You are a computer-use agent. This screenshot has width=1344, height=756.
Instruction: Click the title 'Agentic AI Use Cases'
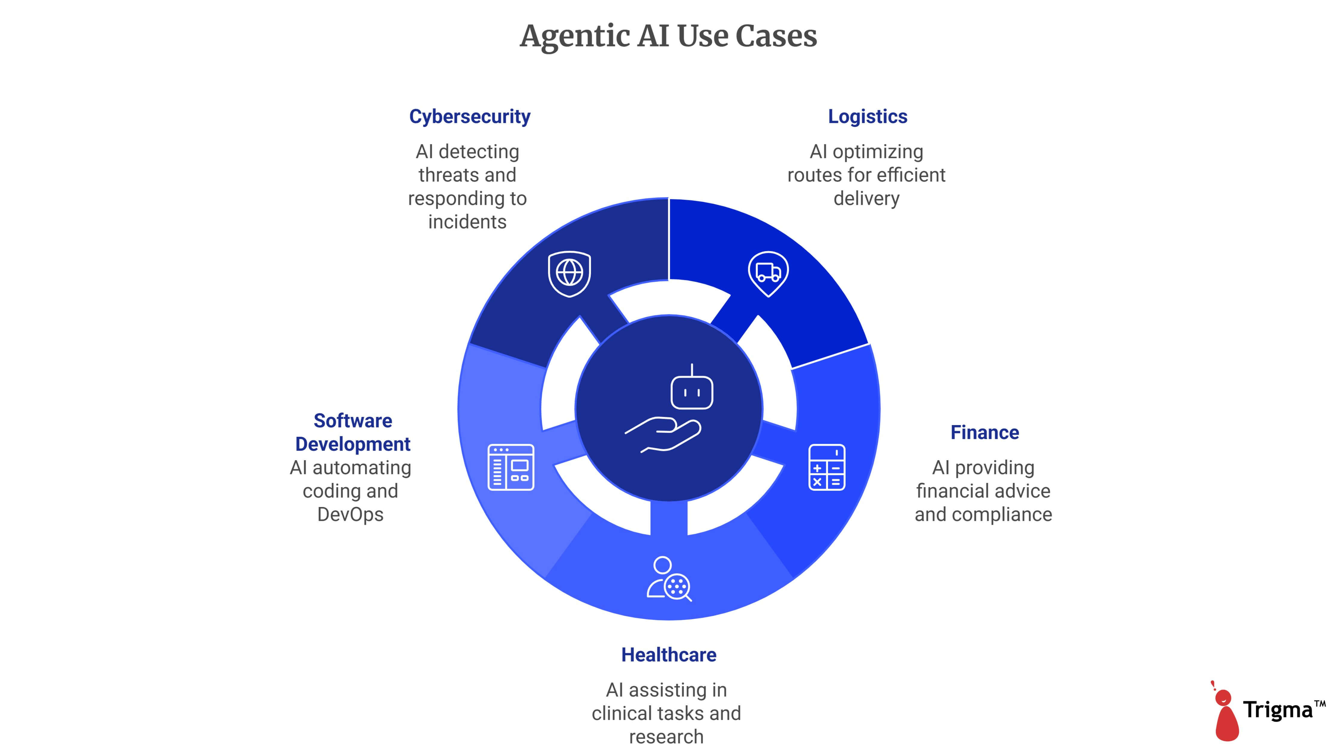coord(668,37)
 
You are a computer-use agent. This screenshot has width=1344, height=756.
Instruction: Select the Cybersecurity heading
coord(469,116)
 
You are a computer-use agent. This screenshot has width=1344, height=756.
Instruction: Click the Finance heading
coord(985,433)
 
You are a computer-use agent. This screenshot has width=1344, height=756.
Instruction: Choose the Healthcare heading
coord(668,655)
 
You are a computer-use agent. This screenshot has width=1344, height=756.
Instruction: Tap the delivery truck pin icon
coord(768,273)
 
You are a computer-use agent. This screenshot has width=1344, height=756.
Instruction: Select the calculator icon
coord(826,467)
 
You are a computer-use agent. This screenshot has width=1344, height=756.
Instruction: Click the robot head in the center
coord(692,391)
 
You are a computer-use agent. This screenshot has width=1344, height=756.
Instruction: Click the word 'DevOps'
coord(350,514)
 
